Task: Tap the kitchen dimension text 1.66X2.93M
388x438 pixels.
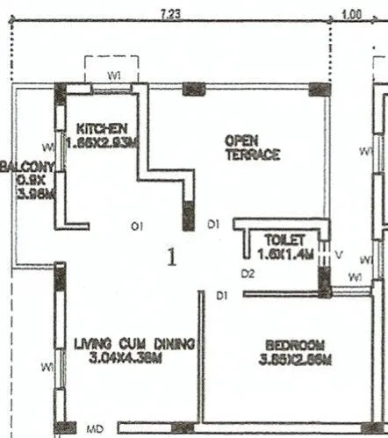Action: tap(102, 142)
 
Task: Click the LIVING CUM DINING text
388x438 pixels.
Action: tap(133, 343)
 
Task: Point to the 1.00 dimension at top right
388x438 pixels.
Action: tap(351, 13)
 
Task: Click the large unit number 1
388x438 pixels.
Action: tap(172, 257)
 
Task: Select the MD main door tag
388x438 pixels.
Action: tap(96, 429)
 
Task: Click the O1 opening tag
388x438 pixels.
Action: tap(137, 226)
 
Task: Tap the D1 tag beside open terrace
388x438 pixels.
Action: tap(213, 226)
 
